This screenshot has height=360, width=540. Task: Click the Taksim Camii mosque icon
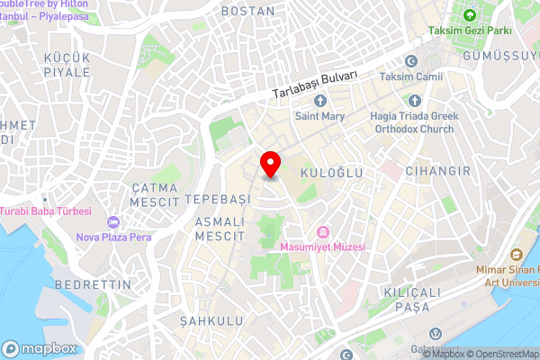click(411, 61)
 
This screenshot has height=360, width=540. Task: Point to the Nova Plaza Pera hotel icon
click(112, 221)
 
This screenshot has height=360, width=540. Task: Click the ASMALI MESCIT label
click(220, 229)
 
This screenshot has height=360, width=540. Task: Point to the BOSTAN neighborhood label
click(247, 11)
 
